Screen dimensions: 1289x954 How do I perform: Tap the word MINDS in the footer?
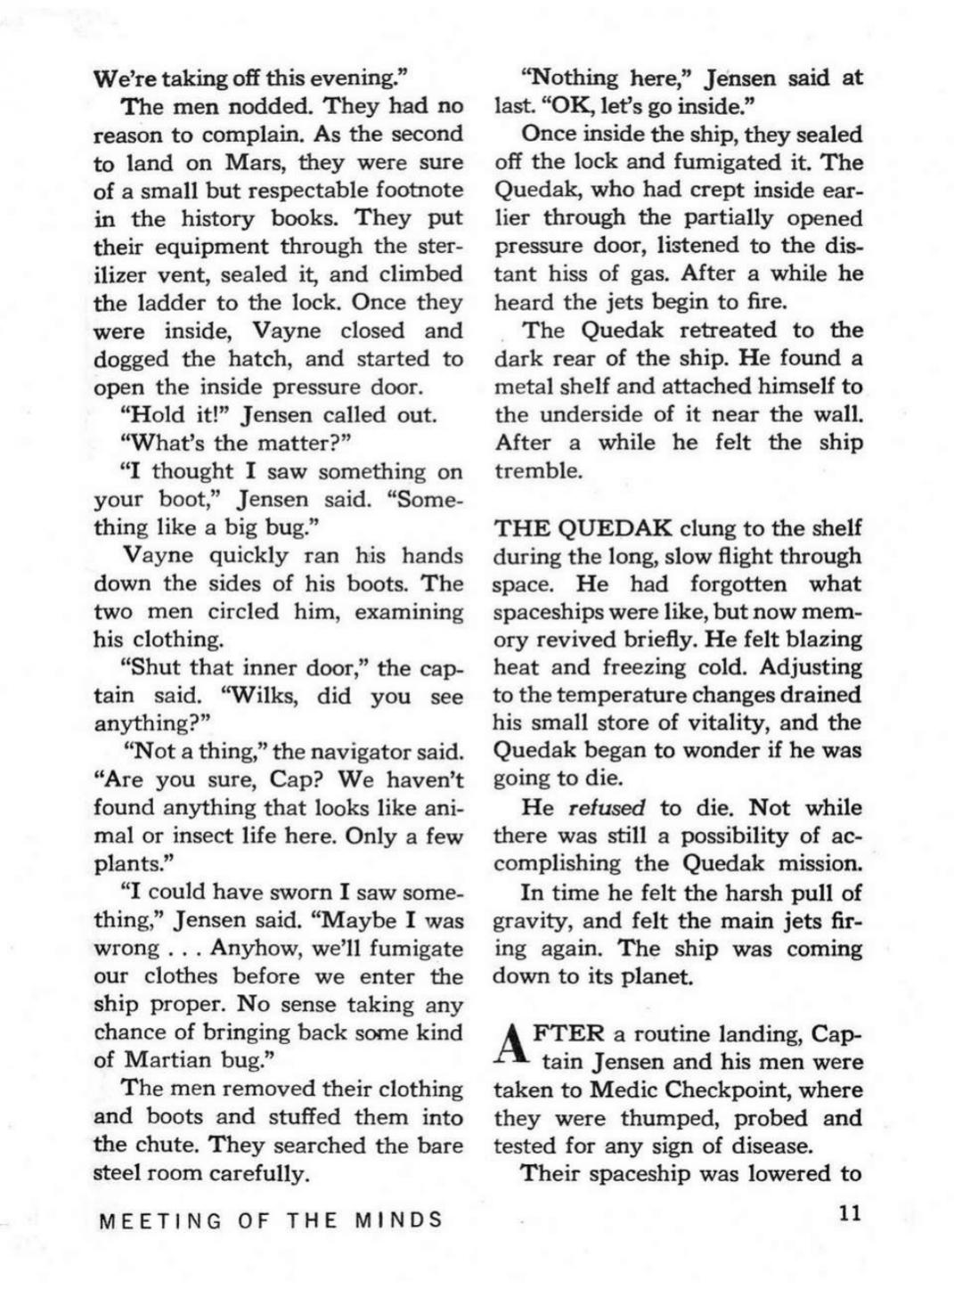pos(398,1220)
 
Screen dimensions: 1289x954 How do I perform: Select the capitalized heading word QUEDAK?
pos(614,528)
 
